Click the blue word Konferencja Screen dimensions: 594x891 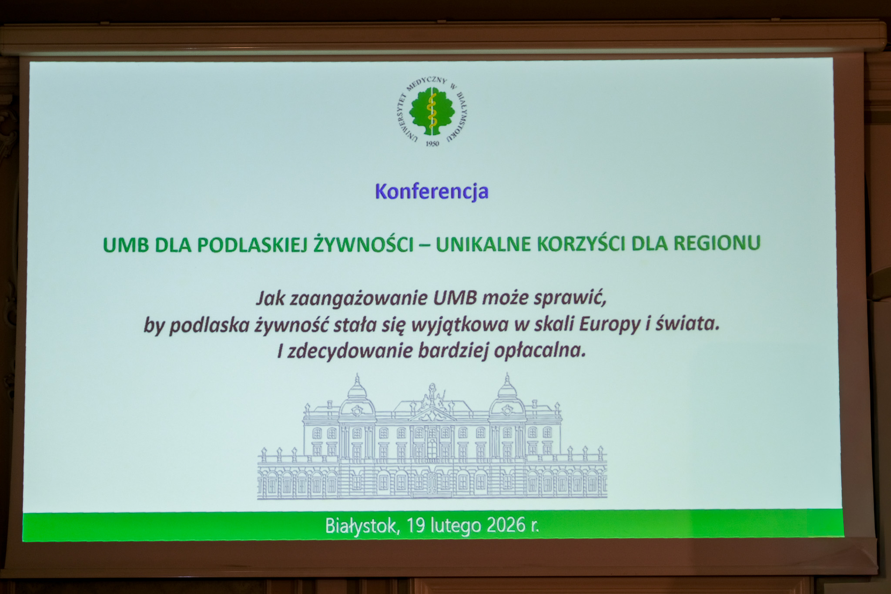coord(432,192)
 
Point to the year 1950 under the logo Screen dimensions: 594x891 coord(432,144)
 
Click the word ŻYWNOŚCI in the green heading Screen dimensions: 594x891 coord(363,244)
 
